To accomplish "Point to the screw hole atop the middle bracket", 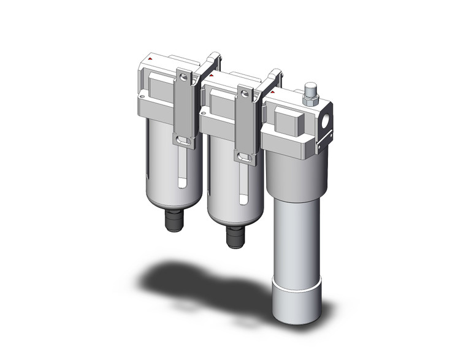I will [245, 94].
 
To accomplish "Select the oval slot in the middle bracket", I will [245, 158].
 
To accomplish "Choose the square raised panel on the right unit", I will [286, 120].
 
